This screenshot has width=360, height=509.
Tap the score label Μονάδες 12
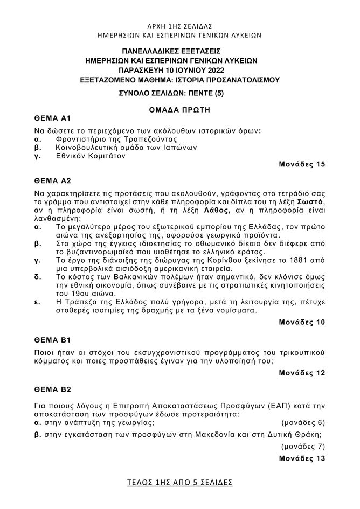tap(302, 373)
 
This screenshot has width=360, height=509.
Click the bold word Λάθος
tap(217, 210)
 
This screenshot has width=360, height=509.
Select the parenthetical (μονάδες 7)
tap(303, 447)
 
